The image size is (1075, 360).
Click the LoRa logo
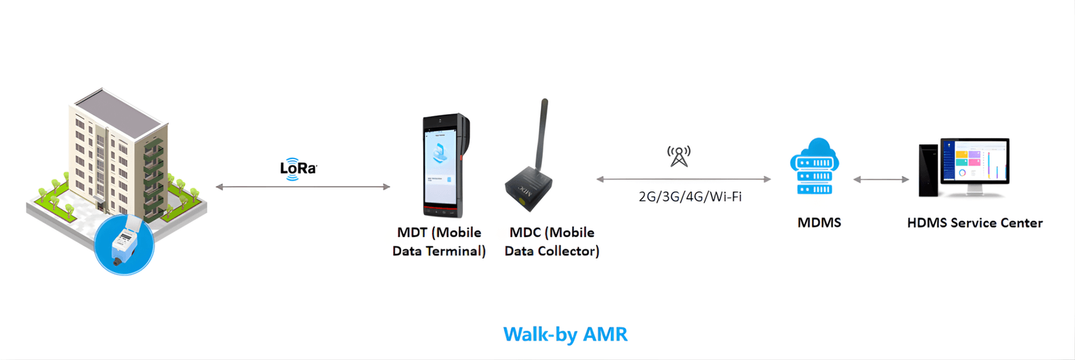(298, 169)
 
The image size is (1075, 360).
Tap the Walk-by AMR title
(565, 334)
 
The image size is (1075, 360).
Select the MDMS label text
(819, 223)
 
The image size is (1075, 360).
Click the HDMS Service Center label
(975, 223)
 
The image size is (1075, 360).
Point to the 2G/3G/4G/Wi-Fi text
(690, 197)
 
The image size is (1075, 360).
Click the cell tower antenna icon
(679, 156)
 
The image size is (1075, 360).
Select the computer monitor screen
(975, 161)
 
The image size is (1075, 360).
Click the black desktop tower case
(929, 171)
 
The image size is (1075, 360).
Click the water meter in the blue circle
(124, 243)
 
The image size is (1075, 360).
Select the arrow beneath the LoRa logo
(303, 187)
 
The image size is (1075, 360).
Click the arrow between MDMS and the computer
(881, 179)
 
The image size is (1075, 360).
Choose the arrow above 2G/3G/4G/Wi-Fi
(683, 179)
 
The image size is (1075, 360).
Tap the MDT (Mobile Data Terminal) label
(439, 242)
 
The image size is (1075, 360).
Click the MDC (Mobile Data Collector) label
(552, 242)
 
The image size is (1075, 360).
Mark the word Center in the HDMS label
(1022, 223)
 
